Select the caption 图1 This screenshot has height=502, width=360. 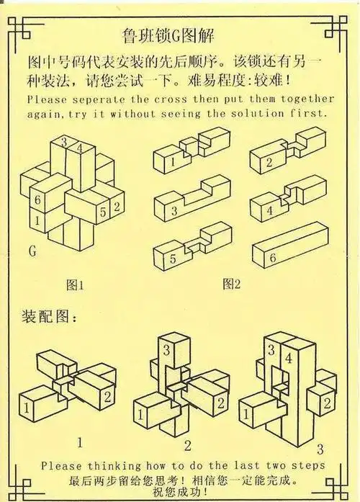(x=75, y=284)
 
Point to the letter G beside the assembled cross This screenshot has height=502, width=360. (x=32, y=251)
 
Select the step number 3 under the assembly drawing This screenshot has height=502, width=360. (x=320, y=448)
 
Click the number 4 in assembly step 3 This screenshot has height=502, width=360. (x=289, y=357)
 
